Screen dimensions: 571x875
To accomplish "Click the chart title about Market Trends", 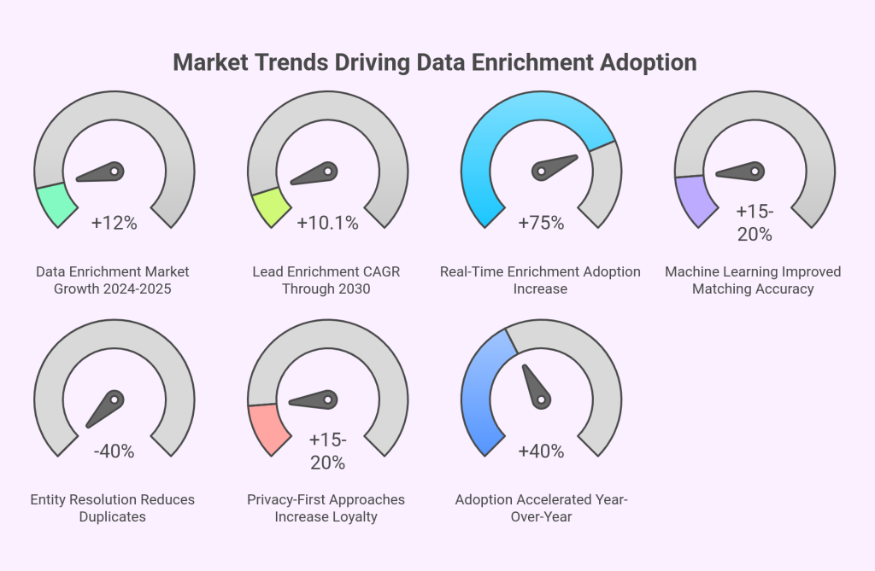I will coord(435,62).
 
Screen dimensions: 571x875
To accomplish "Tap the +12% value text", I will coord(114,224).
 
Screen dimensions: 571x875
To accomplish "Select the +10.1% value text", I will coord(327,224).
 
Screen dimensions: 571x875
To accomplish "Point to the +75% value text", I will coord(541,224).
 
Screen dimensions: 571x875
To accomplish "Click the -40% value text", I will coord(114,452).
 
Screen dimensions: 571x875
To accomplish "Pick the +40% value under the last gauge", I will coord(541,452).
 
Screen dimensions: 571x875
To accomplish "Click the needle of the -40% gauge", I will coord(106,409).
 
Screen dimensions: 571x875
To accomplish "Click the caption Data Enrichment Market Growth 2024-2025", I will coord(113,280).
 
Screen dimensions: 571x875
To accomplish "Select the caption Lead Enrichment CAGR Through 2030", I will coord(326,280).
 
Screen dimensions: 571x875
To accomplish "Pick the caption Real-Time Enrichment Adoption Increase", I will coord(540,280).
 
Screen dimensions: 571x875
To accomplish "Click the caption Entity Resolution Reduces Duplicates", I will coord(113,508).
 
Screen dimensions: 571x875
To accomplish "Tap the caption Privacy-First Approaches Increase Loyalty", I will coord(326,508).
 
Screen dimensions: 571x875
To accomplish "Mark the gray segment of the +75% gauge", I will coord(605,183).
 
